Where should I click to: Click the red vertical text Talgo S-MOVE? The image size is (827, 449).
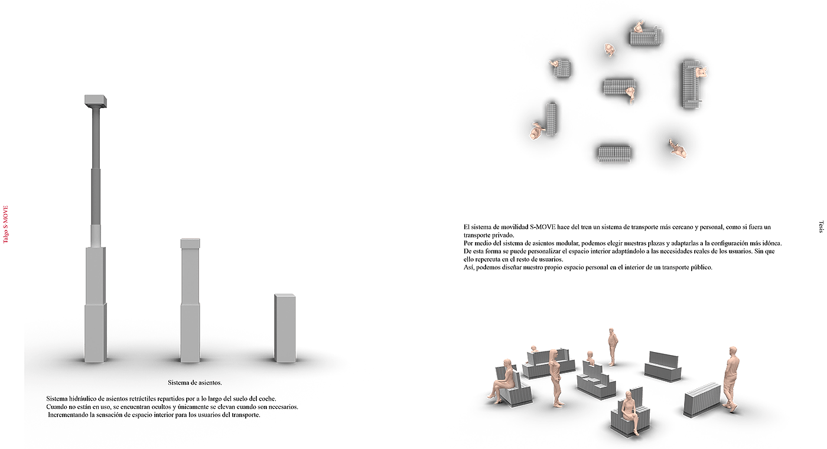tap(5, 224)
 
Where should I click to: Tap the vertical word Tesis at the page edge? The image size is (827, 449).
tap(821, 227)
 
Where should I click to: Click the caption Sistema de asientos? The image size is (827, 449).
tap(194, 383)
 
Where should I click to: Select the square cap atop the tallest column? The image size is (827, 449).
tap(96, 101)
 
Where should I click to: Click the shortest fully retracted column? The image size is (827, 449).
tap(285, 328)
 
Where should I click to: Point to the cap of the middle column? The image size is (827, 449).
tap(190, 243)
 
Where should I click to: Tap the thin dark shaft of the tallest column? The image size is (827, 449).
tap(96, 166)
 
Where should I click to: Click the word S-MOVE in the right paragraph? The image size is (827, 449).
tap(542, 227)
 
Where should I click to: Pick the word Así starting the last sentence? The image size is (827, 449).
tap(468, 267)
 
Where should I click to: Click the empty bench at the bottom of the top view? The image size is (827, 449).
tap(614, 154)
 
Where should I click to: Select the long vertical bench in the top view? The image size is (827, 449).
tap(691, 84)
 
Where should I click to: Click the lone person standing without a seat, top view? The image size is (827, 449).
tap(678, 148)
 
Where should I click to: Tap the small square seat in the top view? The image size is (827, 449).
tap(562, 69)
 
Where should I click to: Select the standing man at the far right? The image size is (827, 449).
tap(731, 379)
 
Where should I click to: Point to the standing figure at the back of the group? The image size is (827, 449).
tap(613, 346)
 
